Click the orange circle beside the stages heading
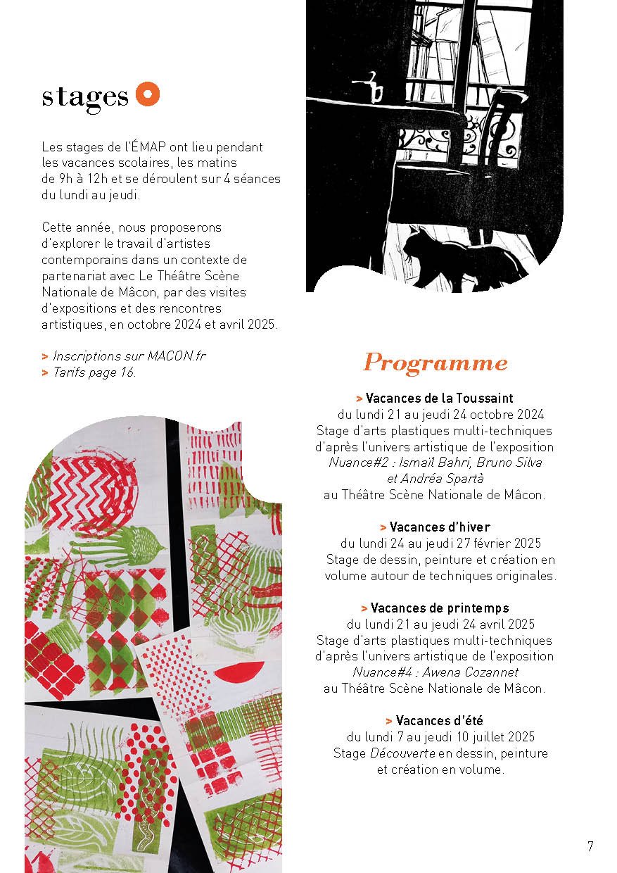click(x=148, y=94)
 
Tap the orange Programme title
click(x=435, y=363)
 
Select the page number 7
click(x=590, y=846)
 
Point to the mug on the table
click(x=374, y=89)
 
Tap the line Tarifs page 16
click(x=94, y=372)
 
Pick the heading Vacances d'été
click(x=439, y=720)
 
